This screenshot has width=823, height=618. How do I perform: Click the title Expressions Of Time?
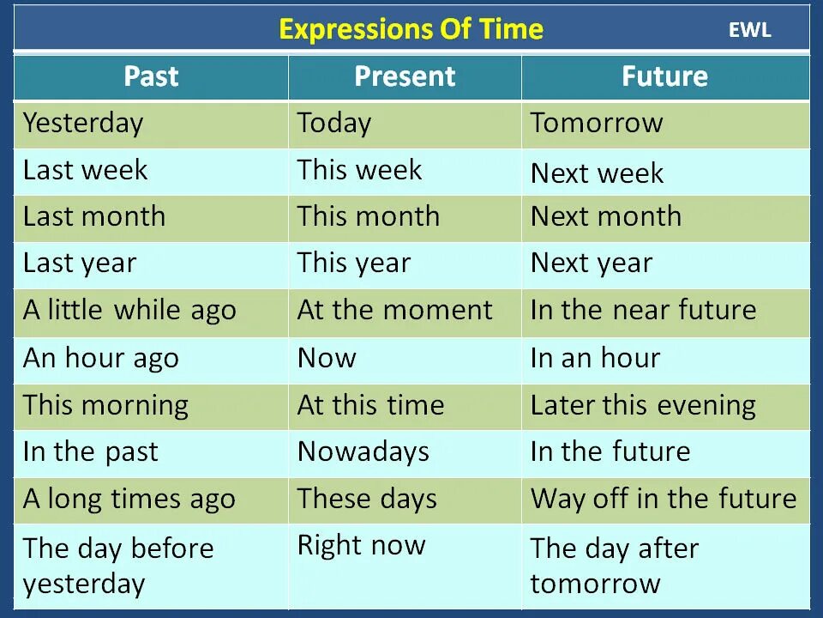pyautogui.click(x=411, y=29)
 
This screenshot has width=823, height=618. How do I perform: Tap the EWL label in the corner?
pyautogui.click(x=749, y=30)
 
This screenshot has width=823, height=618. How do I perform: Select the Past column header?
pyautogui.click(x=151, y=76)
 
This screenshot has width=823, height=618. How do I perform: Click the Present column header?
pyautogui.click(x=405, y=76)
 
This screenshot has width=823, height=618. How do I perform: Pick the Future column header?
pyautogui.click(x=664, y=76)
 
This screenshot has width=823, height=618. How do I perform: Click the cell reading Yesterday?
pyautogui.click(x=83, y=123)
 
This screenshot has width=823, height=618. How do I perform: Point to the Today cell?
pyautogui.click(x=334, y=123)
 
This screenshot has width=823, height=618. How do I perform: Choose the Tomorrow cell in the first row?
pyautogui.click(x=597, y=123)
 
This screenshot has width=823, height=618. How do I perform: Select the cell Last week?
pyautogui.click(x=86, y=170)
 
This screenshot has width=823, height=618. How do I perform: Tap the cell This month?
pyautogui.click(x=368, y=216)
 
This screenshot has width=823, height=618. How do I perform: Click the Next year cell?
pyautogui.click(x=592, y=263)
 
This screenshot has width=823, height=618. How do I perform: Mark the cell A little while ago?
pyautogui.click(x=129, y=310)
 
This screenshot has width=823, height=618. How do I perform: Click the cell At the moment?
pyautogui.click(x=394, y=310)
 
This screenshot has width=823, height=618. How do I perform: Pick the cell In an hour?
pyautogui.click(x=595, y=357)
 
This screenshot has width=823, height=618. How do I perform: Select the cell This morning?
pyautogui.click(x=105, y=404)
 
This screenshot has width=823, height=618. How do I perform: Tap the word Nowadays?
pyautogui.click(x=363, y=451)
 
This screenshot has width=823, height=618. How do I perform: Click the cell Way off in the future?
pyautogui.click(x=664, y=499)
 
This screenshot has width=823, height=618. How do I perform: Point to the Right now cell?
pyautogui.click(x=361, y=545)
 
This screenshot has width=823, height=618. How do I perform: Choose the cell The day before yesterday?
pyautogui.click(x=118, y=566)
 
